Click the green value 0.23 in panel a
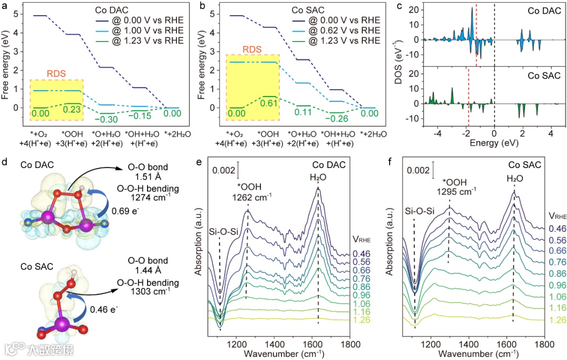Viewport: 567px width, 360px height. pos(72,110)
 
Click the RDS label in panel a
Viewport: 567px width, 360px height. pos(56,74)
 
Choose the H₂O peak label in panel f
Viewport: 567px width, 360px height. pos(513,178)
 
